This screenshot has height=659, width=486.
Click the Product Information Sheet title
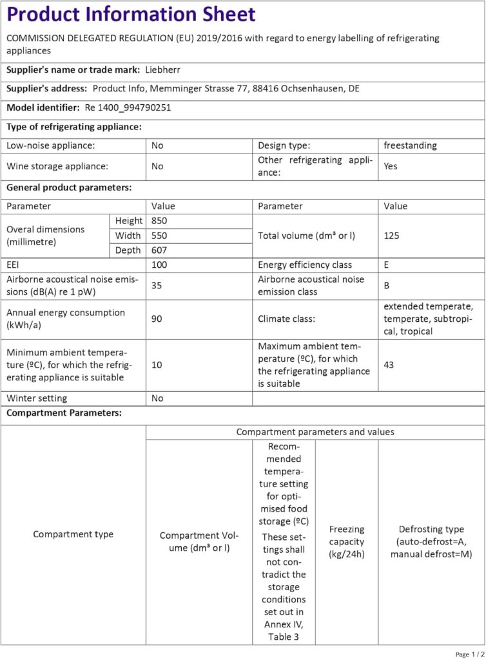click(131, 14)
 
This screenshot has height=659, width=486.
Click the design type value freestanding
click(410, 145)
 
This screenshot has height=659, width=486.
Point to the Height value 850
click(159, 221)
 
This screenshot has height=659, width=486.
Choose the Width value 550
click(159, 236)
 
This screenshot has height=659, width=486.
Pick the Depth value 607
click(159, 250)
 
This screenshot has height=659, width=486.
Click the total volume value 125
click(391, 236)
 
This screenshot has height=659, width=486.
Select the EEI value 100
click(159, 265)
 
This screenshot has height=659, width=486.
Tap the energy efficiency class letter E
click(386, 265)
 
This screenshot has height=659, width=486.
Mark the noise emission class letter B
click(386, 285)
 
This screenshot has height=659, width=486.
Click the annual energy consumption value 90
click(156, 319)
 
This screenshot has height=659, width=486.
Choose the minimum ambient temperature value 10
click(157, 365)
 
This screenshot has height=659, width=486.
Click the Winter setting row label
click(37, 398)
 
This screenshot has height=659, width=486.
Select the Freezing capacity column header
click(347, 541)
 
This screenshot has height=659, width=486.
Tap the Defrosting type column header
click(431, 541)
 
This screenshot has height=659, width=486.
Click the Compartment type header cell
click(73, 534)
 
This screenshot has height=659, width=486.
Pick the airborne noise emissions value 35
click(156, 285)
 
